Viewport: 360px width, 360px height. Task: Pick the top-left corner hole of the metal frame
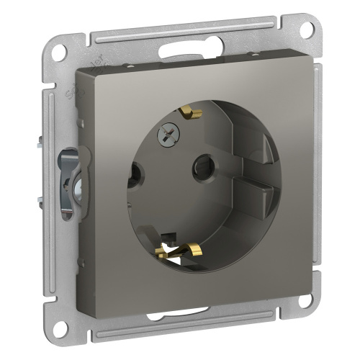tap(60, 51)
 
